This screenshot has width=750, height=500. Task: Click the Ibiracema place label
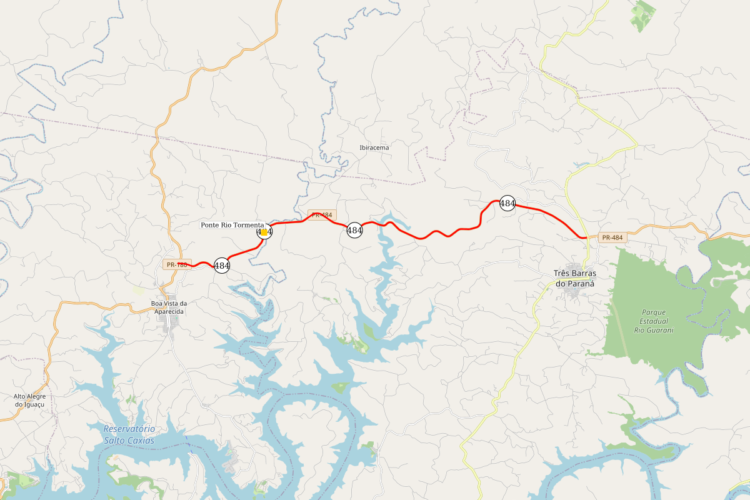[x=374, y=148]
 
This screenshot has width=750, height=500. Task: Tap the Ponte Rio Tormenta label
[x=232, y=225]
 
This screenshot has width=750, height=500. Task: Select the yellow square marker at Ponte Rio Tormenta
[x=264, y=232]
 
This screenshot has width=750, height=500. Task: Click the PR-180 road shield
[x=177, y=264]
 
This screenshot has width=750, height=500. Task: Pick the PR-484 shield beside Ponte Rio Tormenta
[x=322, y=214]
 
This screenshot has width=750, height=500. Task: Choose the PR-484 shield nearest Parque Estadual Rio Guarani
[x=612, y=237]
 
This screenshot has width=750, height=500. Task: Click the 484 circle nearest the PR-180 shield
[x=222, y=265]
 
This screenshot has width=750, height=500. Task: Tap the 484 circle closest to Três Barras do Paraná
[x=507, y=203]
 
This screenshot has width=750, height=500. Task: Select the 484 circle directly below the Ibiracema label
[x=354, y=230]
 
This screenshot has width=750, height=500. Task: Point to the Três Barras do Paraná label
[x=575, y=278]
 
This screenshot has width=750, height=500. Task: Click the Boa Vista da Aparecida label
[x=169, y=307]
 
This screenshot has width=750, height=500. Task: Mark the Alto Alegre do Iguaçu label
[x=30, y=400]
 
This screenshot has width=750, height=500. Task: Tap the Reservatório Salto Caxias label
[x=129, y=434]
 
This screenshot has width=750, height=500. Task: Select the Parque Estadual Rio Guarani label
[x=654, y=321]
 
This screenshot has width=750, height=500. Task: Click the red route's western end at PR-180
[x=191, y=265]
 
